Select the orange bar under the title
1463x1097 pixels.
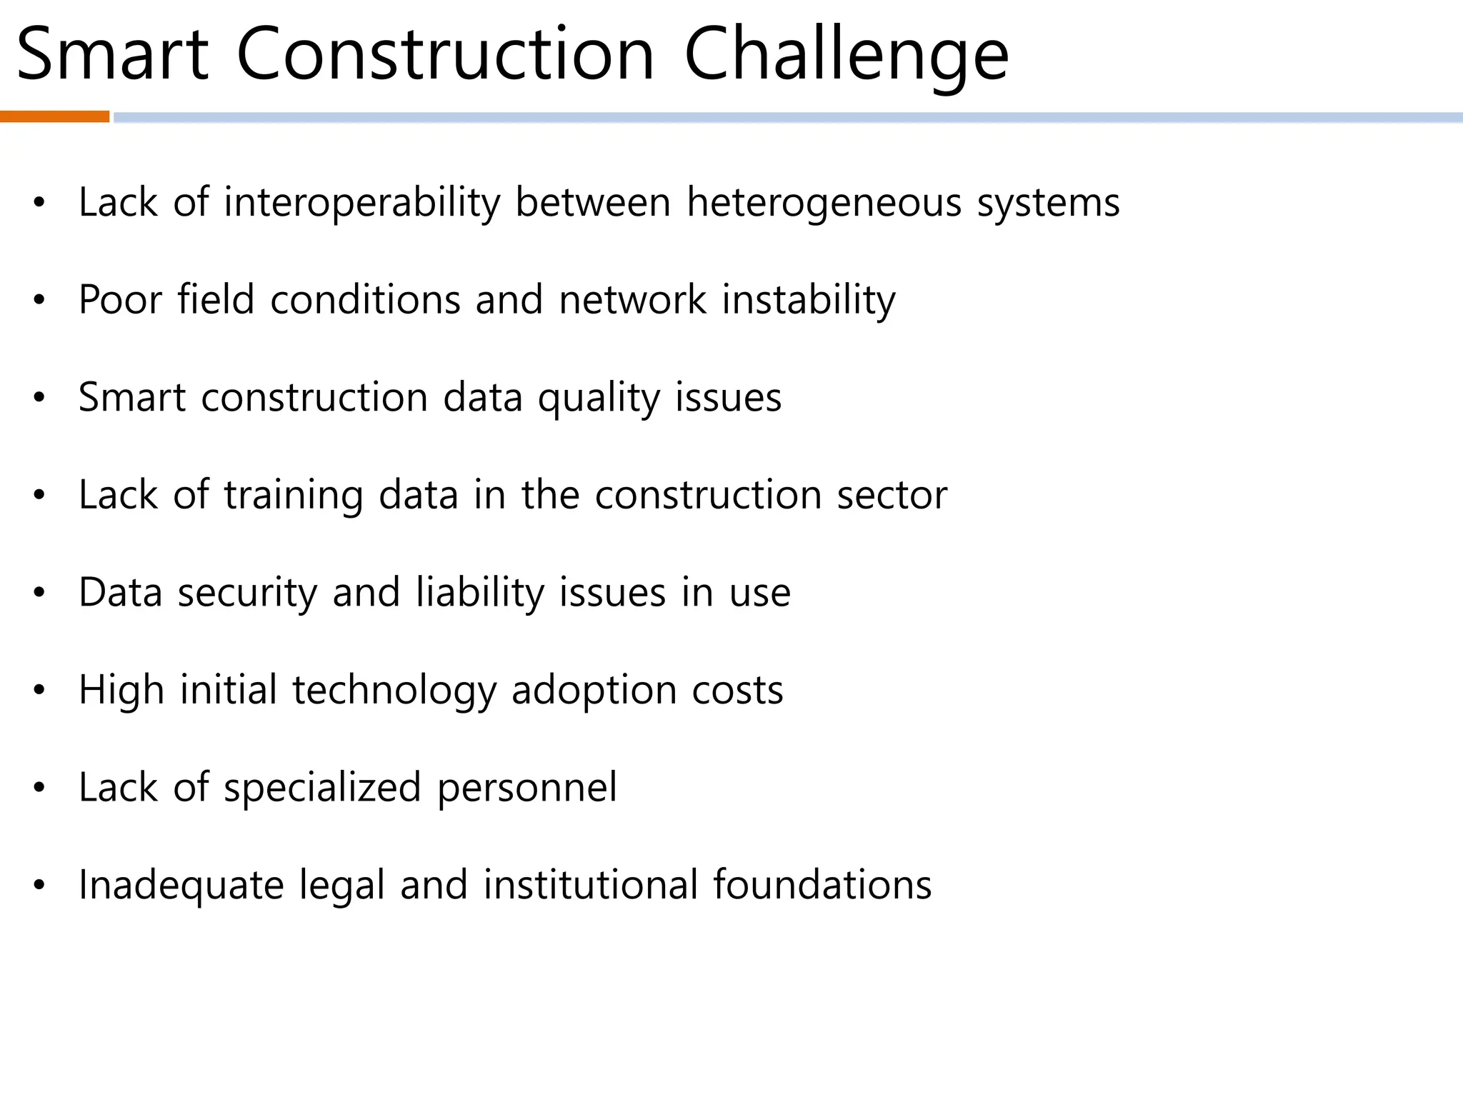coord(54,117)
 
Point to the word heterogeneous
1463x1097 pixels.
coord(824,203)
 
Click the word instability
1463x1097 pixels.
coord(808,300)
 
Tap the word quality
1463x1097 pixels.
coord(599,399)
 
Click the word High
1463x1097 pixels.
coord(121,691)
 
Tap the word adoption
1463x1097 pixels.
coord(594,691)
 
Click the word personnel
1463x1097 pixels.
coord(526,788)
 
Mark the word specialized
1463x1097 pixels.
coord(322,788)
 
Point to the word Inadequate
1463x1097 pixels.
coord(181,886)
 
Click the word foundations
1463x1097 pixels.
coord(822,886)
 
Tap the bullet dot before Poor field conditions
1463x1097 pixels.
coord(39,301)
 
